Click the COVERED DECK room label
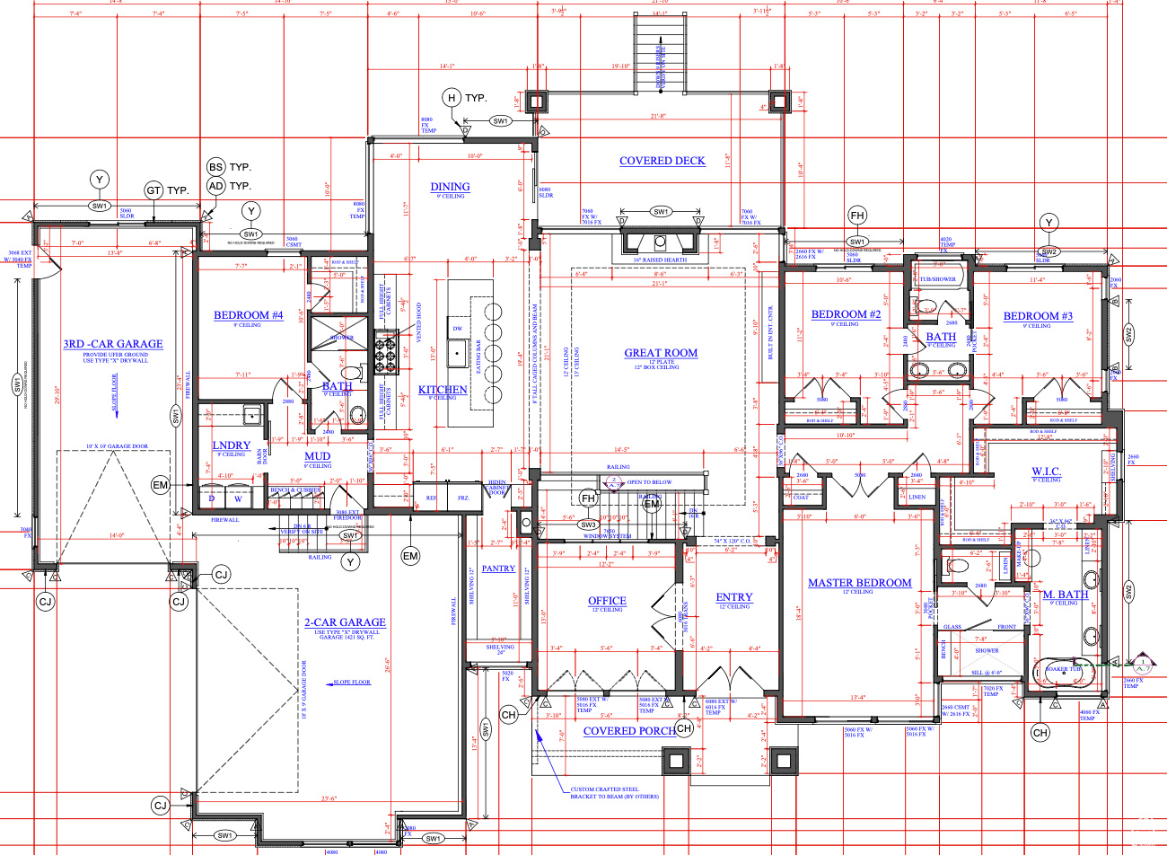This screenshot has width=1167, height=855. point(662,161)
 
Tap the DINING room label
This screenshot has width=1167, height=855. point(450,187)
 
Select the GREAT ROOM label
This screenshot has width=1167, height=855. point(661,353)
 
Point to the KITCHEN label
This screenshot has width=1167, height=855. point(443,390)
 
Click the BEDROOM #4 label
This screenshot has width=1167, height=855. point(248,315)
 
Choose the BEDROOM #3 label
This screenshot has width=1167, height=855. point(1038,316)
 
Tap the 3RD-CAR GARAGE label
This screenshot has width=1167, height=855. point(113,344)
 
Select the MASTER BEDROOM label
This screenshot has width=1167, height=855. point(859,583)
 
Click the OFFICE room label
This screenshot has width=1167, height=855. point(607,601)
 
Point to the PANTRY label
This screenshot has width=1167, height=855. point(498,569)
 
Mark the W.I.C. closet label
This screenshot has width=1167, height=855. point(1046,472)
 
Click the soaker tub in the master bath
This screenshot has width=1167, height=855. point(1064,671)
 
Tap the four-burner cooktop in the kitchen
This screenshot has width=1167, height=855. point(387,351)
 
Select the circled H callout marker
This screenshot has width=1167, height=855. point(452,98)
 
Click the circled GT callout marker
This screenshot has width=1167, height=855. point(154,190)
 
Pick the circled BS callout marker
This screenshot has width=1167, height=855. point(215,167)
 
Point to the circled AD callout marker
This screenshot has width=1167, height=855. point(215,186)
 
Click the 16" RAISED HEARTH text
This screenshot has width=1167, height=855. point(660,260)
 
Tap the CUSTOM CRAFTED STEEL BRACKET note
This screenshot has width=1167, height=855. point(614,793)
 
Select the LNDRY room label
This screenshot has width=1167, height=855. point(231,445)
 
